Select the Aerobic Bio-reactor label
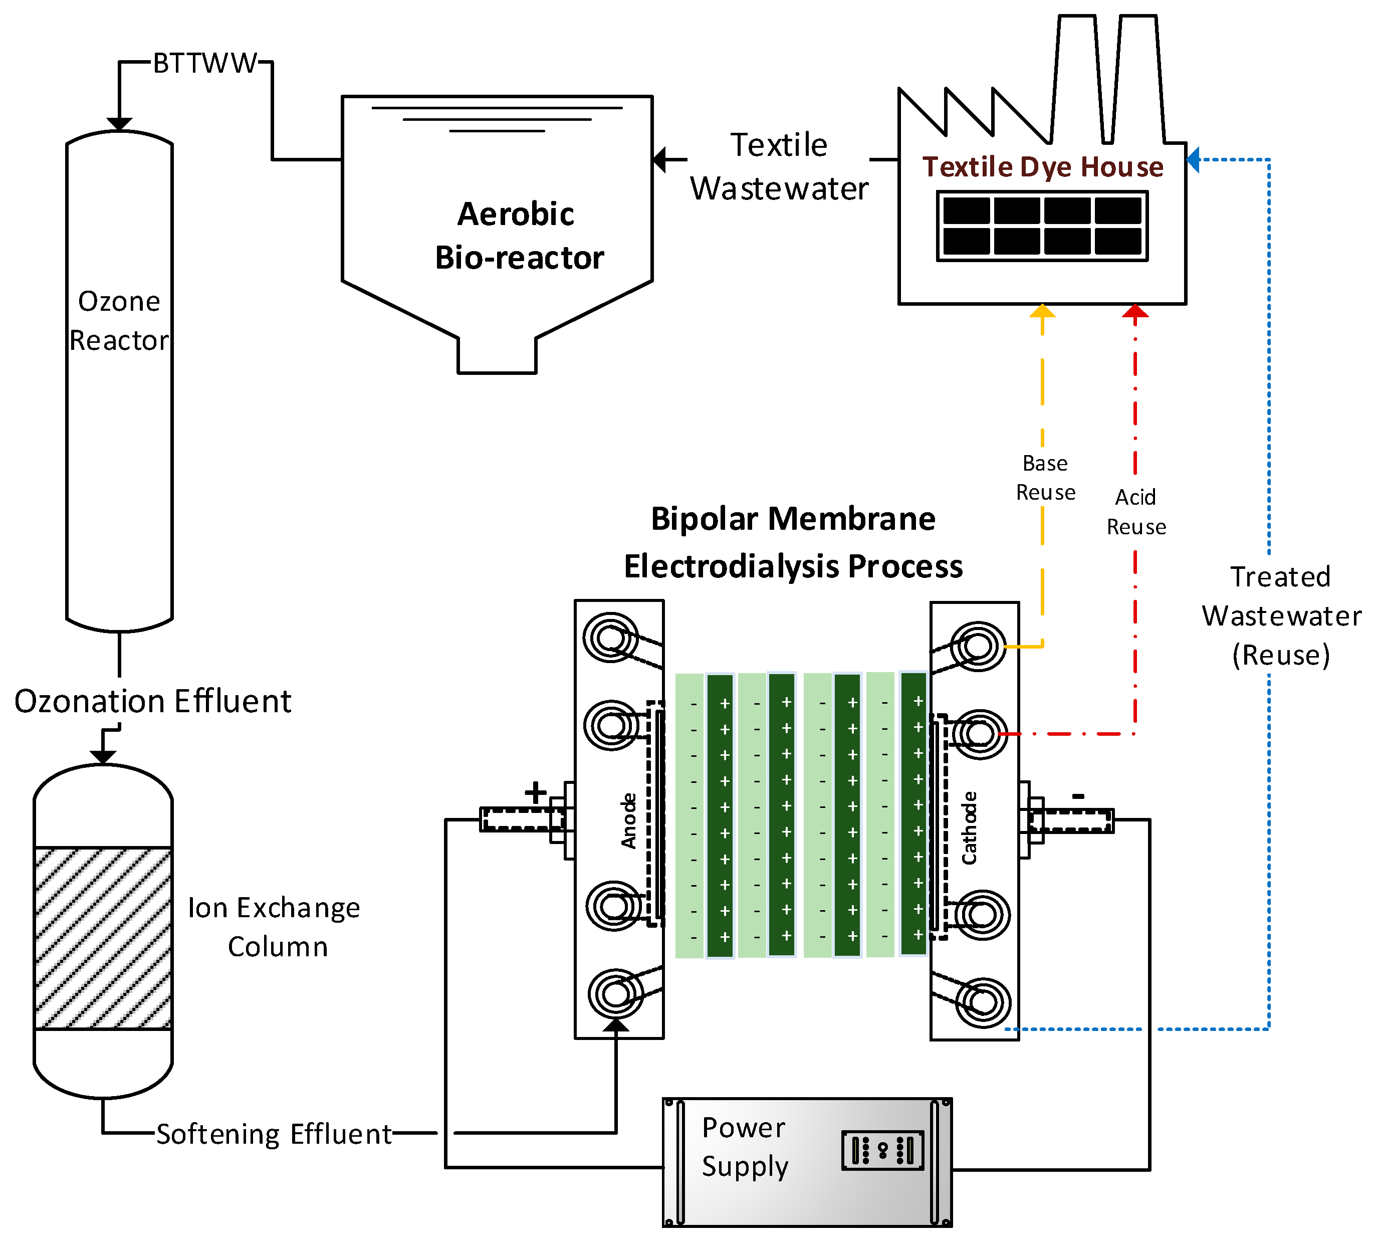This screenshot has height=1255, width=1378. (x=518, y=236)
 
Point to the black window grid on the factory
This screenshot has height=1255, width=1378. (x=1042, y=226)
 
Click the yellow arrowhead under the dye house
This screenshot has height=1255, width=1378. (x=1042, y=311)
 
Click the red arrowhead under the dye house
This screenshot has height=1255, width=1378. (x=1135, y=311)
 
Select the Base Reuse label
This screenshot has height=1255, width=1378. (x=1045, y=478)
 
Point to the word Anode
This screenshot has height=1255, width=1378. (x=629, y=821)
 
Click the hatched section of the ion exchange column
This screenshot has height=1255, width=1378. (x=103, y=938)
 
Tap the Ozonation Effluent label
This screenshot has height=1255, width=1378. (x=153, y=701)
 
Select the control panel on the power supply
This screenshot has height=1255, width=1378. (x=882, y=1150)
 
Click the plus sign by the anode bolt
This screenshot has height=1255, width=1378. (x=536, y=792)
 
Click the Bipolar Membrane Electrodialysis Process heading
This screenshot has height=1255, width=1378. (x=793, y=543)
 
